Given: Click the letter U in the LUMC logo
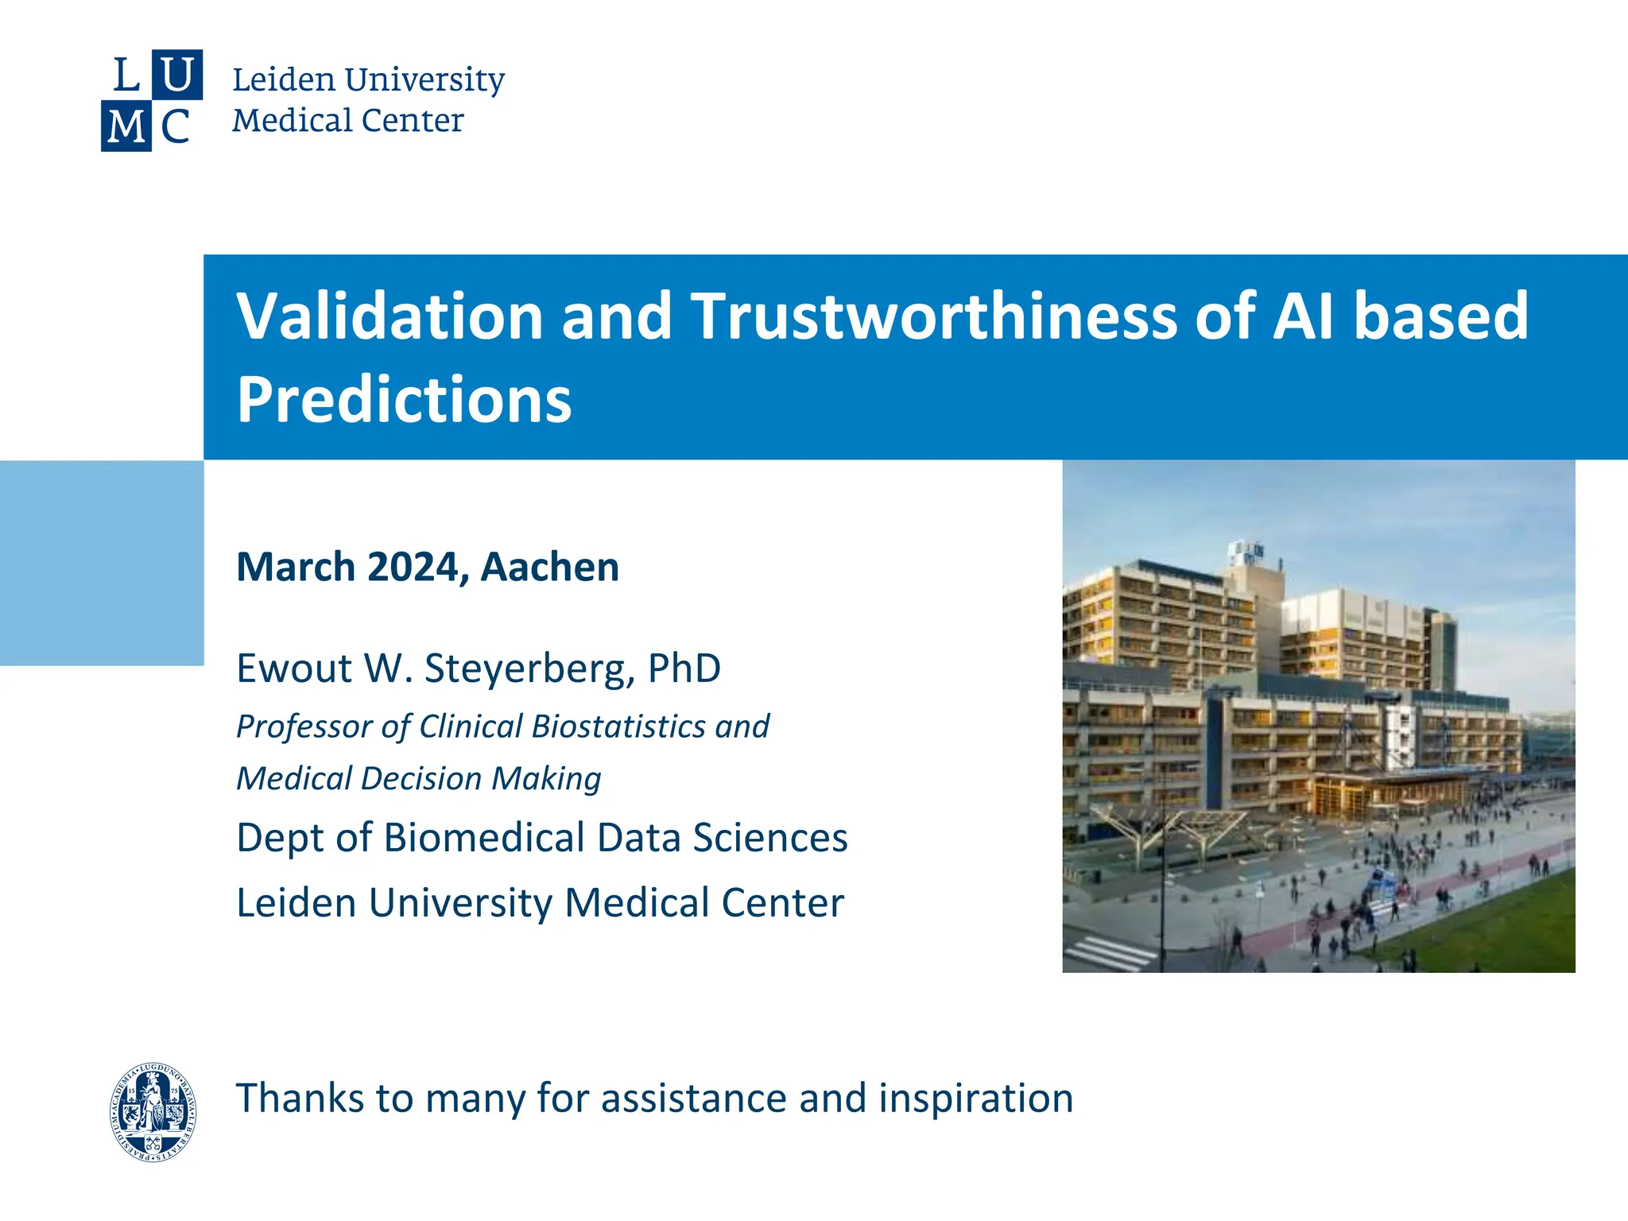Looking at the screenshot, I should [x=176, y=75].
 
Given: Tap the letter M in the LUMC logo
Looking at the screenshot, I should [x=126, y=126].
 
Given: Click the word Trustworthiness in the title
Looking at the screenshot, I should [x=933, y=316].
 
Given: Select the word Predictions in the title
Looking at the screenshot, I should [x=404, y=399].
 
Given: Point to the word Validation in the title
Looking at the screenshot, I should [x=390, y=316].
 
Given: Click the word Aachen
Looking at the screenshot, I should [x=549, y=567].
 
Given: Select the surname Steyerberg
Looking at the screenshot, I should [x=529, y=668].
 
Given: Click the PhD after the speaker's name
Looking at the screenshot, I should [x=684, y=668].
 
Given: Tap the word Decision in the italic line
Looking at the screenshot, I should [x=421, y=778].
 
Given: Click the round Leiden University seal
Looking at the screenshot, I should [x=153, y=1111].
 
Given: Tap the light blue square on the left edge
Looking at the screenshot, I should [x=102, y=563].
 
